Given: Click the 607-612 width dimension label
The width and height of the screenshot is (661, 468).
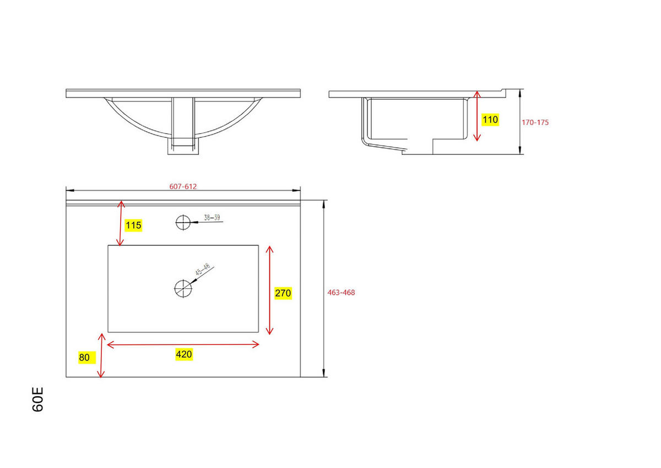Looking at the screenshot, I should click(x=183, y=186).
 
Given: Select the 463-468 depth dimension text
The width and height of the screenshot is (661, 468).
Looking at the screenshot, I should click(x=342, y=293).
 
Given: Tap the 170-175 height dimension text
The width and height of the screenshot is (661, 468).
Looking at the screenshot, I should click(x=535, y=122).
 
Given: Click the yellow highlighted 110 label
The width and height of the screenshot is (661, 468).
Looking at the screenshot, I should click(x=490, y=120).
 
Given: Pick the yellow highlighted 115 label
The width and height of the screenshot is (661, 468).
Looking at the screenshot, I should click(x=133, y=225).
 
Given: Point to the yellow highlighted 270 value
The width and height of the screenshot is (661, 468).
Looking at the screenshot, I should click(x=283, y=293).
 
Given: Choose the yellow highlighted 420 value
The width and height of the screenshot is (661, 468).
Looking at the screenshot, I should click(x=183, y=354).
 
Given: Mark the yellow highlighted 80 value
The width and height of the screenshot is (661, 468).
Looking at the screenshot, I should click(x=85, y=357).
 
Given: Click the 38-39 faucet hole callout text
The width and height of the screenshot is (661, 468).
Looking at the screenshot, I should click(x=212, y=218).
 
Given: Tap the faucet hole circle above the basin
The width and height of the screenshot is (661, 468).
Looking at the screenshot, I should click(x=182, y=222).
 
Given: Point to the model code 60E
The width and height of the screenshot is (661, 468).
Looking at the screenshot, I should click(x=38, y=400).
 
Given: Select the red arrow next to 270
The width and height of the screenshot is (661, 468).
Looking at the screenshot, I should click(x=269, y=290).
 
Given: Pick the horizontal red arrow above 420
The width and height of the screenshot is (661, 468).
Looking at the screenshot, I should click(x=183, y=344).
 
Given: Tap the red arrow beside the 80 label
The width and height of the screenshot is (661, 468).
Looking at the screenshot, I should click(x=101, y=356).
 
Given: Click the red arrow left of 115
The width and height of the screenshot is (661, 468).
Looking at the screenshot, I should click(x=121, y=223).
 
